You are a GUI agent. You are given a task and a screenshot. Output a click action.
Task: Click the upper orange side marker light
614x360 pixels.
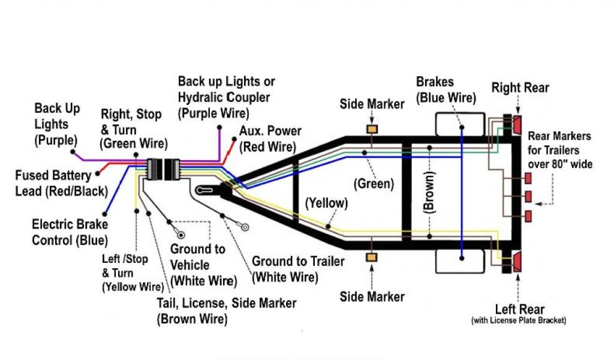372,129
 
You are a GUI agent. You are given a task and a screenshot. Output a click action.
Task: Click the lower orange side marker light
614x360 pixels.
372,257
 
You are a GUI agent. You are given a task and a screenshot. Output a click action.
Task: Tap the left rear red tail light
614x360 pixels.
517,262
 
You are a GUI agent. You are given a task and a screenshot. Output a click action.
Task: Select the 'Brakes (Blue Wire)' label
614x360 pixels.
446,89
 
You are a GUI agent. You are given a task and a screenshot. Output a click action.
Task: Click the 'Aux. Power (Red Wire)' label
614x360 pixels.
270,139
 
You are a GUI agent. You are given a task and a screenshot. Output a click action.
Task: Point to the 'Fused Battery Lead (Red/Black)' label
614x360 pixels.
61,184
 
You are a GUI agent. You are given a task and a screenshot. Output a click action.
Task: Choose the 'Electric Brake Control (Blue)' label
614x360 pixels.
70,232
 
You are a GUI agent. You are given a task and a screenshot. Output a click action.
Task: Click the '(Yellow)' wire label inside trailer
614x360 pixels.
326,203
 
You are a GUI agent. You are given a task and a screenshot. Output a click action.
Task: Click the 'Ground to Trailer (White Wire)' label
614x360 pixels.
298,269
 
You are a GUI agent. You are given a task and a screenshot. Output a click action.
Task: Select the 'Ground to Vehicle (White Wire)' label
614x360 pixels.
203,265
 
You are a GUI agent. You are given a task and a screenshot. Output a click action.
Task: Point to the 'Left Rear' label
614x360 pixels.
519,310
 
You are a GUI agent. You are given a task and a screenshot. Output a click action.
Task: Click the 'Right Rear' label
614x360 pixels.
520,88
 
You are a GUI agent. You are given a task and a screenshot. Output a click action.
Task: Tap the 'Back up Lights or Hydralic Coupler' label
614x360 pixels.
226,96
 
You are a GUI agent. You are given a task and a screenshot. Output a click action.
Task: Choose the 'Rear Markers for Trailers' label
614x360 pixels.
559,150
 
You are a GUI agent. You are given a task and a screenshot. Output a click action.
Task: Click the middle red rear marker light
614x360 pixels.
528,196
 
